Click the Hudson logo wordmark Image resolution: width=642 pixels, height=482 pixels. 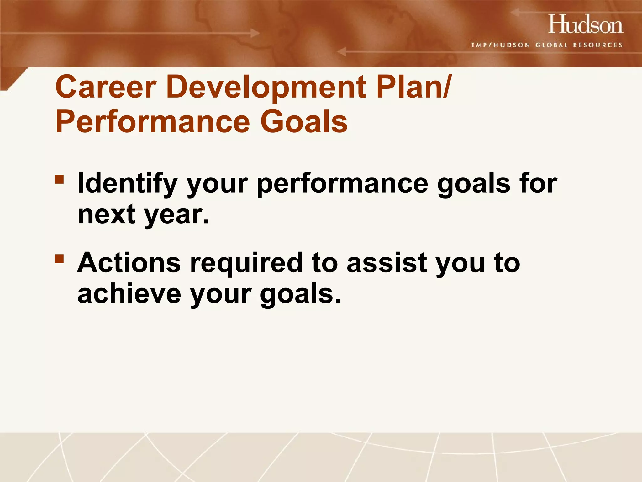586,24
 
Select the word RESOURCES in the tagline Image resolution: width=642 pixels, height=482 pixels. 597,45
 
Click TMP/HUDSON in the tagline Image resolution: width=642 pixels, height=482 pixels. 500,45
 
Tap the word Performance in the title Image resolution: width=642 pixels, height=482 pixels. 153,122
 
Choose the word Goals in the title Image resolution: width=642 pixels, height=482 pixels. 304,122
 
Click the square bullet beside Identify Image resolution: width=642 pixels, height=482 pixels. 59,179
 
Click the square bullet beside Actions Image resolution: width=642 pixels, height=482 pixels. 59,259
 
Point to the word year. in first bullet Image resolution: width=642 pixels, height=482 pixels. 176,216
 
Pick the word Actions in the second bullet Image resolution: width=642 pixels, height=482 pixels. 129,263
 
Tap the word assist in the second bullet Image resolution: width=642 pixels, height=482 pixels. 387,263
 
